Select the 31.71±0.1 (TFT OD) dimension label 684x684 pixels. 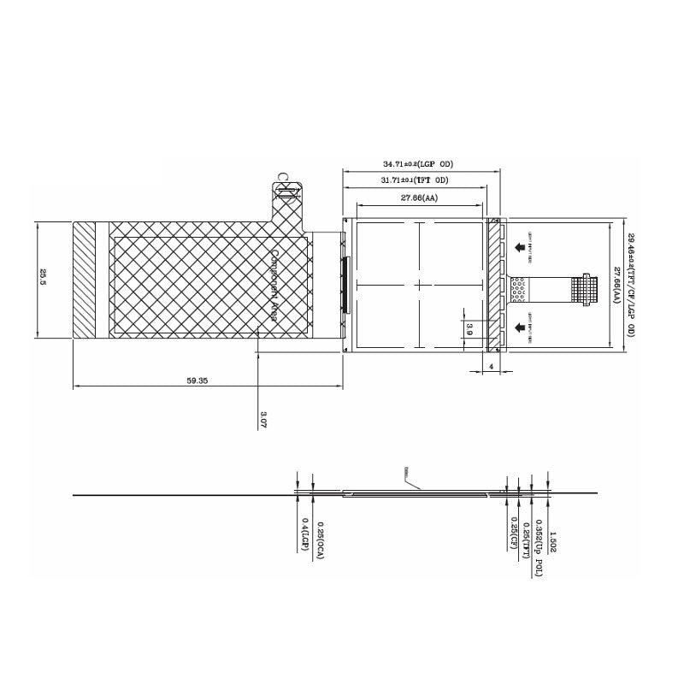point(416,180)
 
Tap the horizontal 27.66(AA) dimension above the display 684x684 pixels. point(420,198)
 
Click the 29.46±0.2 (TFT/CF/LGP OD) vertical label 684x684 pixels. point(631,285)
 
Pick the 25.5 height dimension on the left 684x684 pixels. point(43,279)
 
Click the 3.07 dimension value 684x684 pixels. point(262,419)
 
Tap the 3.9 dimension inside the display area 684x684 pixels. point(469,328)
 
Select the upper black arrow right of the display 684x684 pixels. point(521,247)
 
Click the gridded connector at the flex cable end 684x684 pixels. point(584,288)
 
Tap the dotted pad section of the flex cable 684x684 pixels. point(519,290)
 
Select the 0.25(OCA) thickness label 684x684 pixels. point(320,537)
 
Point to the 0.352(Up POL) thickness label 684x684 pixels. point(540,547)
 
